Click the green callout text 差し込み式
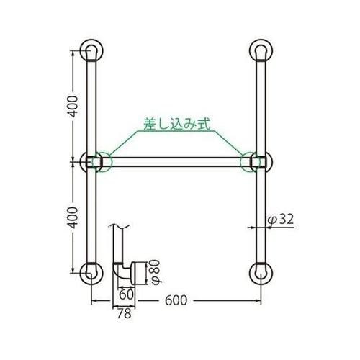click(x=176, y=125)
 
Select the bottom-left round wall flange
click(x=91, y=274)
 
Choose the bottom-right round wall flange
click(x=261, y=274)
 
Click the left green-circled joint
click(x=99, y=162)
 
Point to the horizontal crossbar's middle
click(x=176, y=163)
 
